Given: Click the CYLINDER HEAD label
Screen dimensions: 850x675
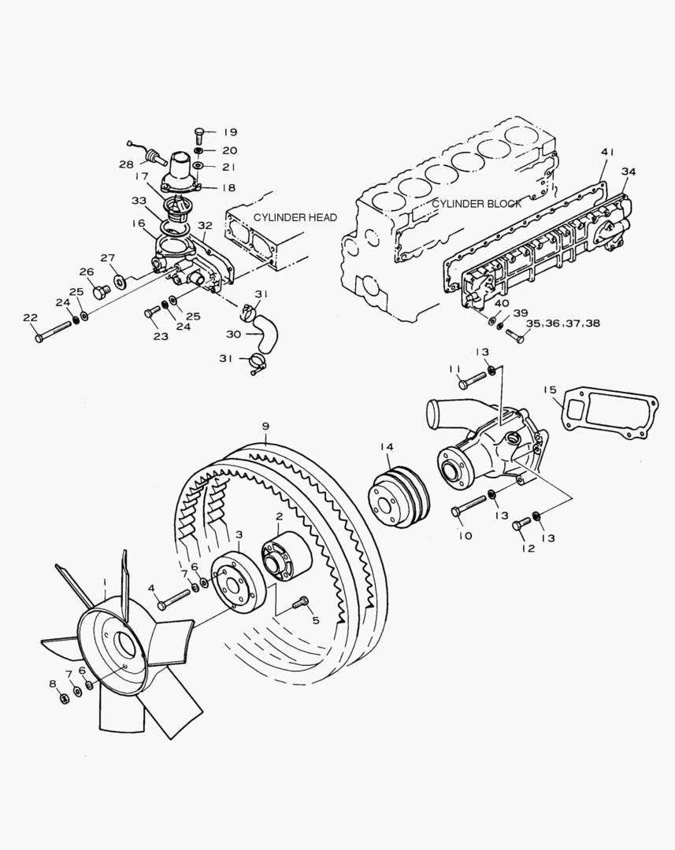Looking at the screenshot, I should [295, 217].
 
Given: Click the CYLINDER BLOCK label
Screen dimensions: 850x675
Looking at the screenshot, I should [477, 204].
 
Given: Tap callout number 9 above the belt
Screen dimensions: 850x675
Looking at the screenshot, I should [266, 426].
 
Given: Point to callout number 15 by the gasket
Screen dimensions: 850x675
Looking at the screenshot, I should [550, 389].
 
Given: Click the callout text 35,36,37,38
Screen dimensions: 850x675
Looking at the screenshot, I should [562, 323].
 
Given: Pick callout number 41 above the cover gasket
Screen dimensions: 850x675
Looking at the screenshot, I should [605, 152].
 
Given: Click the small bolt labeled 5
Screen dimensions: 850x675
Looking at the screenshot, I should [300, 604].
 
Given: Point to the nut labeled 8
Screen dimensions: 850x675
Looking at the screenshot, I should [63, 697].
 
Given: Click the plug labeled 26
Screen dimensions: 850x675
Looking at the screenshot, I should [99, 294].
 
